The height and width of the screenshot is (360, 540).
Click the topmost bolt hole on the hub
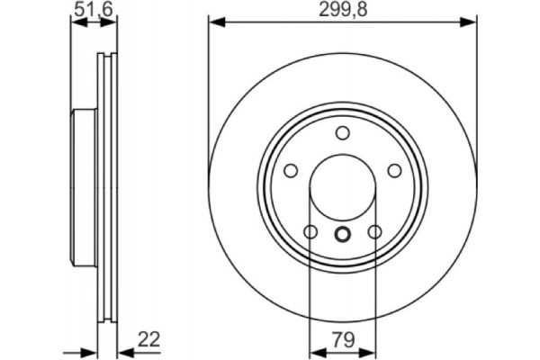tap(342, 133)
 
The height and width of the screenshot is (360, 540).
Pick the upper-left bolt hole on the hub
tap(290, 171)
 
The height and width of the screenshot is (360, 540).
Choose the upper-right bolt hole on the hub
tap(394, 171)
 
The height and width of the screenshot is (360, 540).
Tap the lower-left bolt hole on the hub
tap(310, 233)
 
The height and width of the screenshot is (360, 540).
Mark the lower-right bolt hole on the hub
tap(374, 233)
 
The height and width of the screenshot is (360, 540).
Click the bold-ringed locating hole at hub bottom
tap(342, 235)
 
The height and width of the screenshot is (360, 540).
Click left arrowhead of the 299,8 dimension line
tap(214, 22)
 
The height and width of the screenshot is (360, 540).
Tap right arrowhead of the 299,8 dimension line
tap(470, 22)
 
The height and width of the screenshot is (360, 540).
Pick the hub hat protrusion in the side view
tap(79, 188)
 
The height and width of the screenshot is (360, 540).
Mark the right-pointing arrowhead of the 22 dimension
tap(89, 352)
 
